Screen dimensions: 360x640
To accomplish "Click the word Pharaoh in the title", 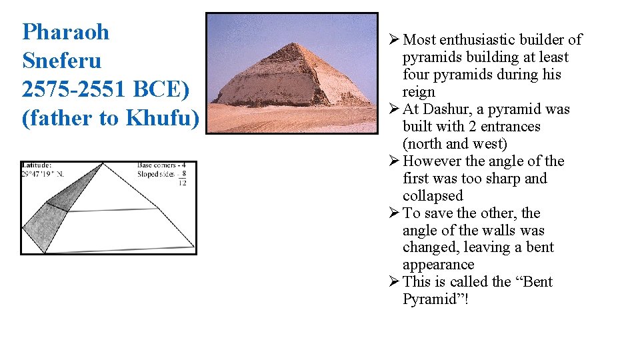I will point(65,32).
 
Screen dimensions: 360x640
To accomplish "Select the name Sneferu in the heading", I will point(61,61).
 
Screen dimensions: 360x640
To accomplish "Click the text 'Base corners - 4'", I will point(161,165).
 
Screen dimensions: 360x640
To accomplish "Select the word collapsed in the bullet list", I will point(432,196).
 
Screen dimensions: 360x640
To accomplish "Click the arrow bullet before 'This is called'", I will point(393,281).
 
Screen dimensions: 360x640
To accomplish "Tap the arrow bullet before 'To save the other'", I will point(393,213).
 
